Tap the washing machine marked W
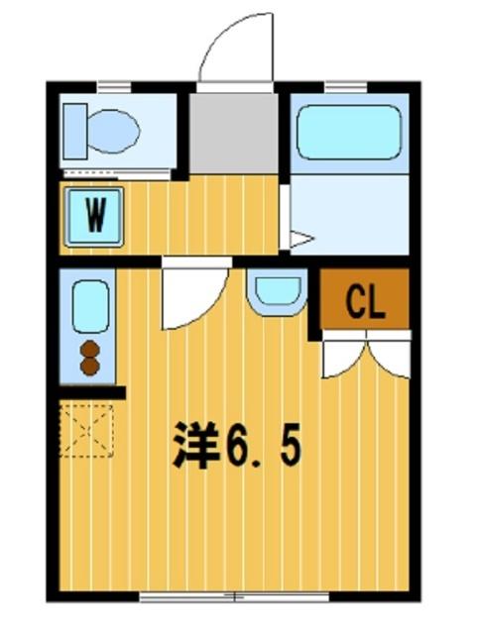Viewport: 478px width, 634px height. [94, 216]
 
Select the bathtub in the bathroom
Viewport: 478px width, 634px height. [348, 132]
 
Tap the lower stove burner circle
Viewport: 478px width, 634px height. [89, 366]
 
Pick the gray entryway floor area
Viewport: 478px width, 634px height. [234, 132]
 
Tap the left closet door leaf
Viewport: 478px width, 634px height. [343, 359]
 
